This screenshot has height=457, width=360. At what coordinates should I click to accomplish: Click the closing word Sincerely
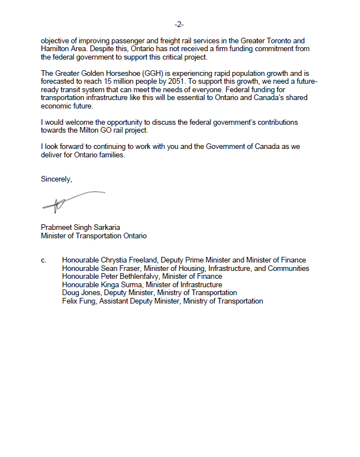point(56,179)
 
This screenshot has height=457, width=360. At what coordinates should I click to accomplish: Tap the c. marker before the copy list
point(43,260)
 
